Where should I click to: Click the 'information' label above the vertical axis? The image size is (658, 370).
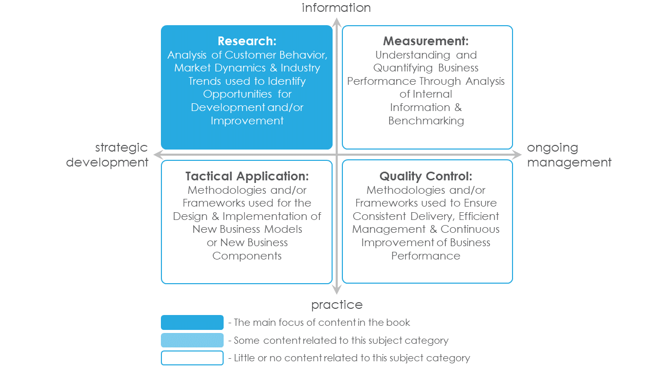tap(336, 8)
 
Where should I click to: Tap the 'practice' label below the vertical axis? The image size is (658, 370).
tap(337, 305)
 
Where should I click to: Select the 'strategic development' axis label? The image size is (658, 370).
tap(107, 155)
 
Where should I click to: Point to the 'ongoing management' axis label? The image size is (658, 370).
tap(569, 155)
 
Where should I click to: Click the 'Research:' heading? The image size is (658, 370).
tap(247, 41)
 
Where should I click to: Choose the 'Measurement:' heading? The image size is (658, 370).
tap(426, 41)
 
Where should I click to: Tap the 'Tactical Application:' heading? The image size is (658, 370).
tap(247, 176)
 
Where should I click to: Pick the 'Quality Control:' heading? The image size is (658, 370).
tap(426, 176)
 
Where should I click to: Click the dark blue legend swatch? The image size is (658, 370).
tap(192, 322)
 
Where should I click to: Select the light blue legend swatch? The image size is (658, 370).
tap(192, 340)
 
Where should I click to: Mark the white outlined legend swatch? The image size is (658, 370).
tap(192, 358)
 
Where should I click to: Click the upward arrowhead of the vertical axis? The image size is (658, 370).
tap(337, 22)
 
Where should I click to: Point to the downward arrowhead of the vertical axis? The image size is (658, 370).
tap(337, 289)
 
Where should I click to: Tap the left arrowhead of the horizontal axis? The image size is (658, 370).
tap(158, 155)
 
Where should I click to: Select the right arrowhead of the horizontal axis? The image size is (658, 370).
tap(517, 155)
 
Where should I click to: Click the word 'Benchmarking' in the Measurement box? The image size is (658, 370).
tap(426, 121)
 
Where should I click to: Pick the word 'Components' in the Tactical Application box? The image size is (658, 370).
tap(247, 256)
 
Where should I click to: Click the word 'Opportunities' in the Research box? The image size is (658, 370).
tap(237, 94)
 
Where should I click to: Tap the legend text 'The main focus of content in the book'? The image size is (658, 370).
tap(322, 322)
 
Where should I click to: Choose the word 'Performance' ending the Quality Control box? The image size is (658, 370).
tap(426, 256)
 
